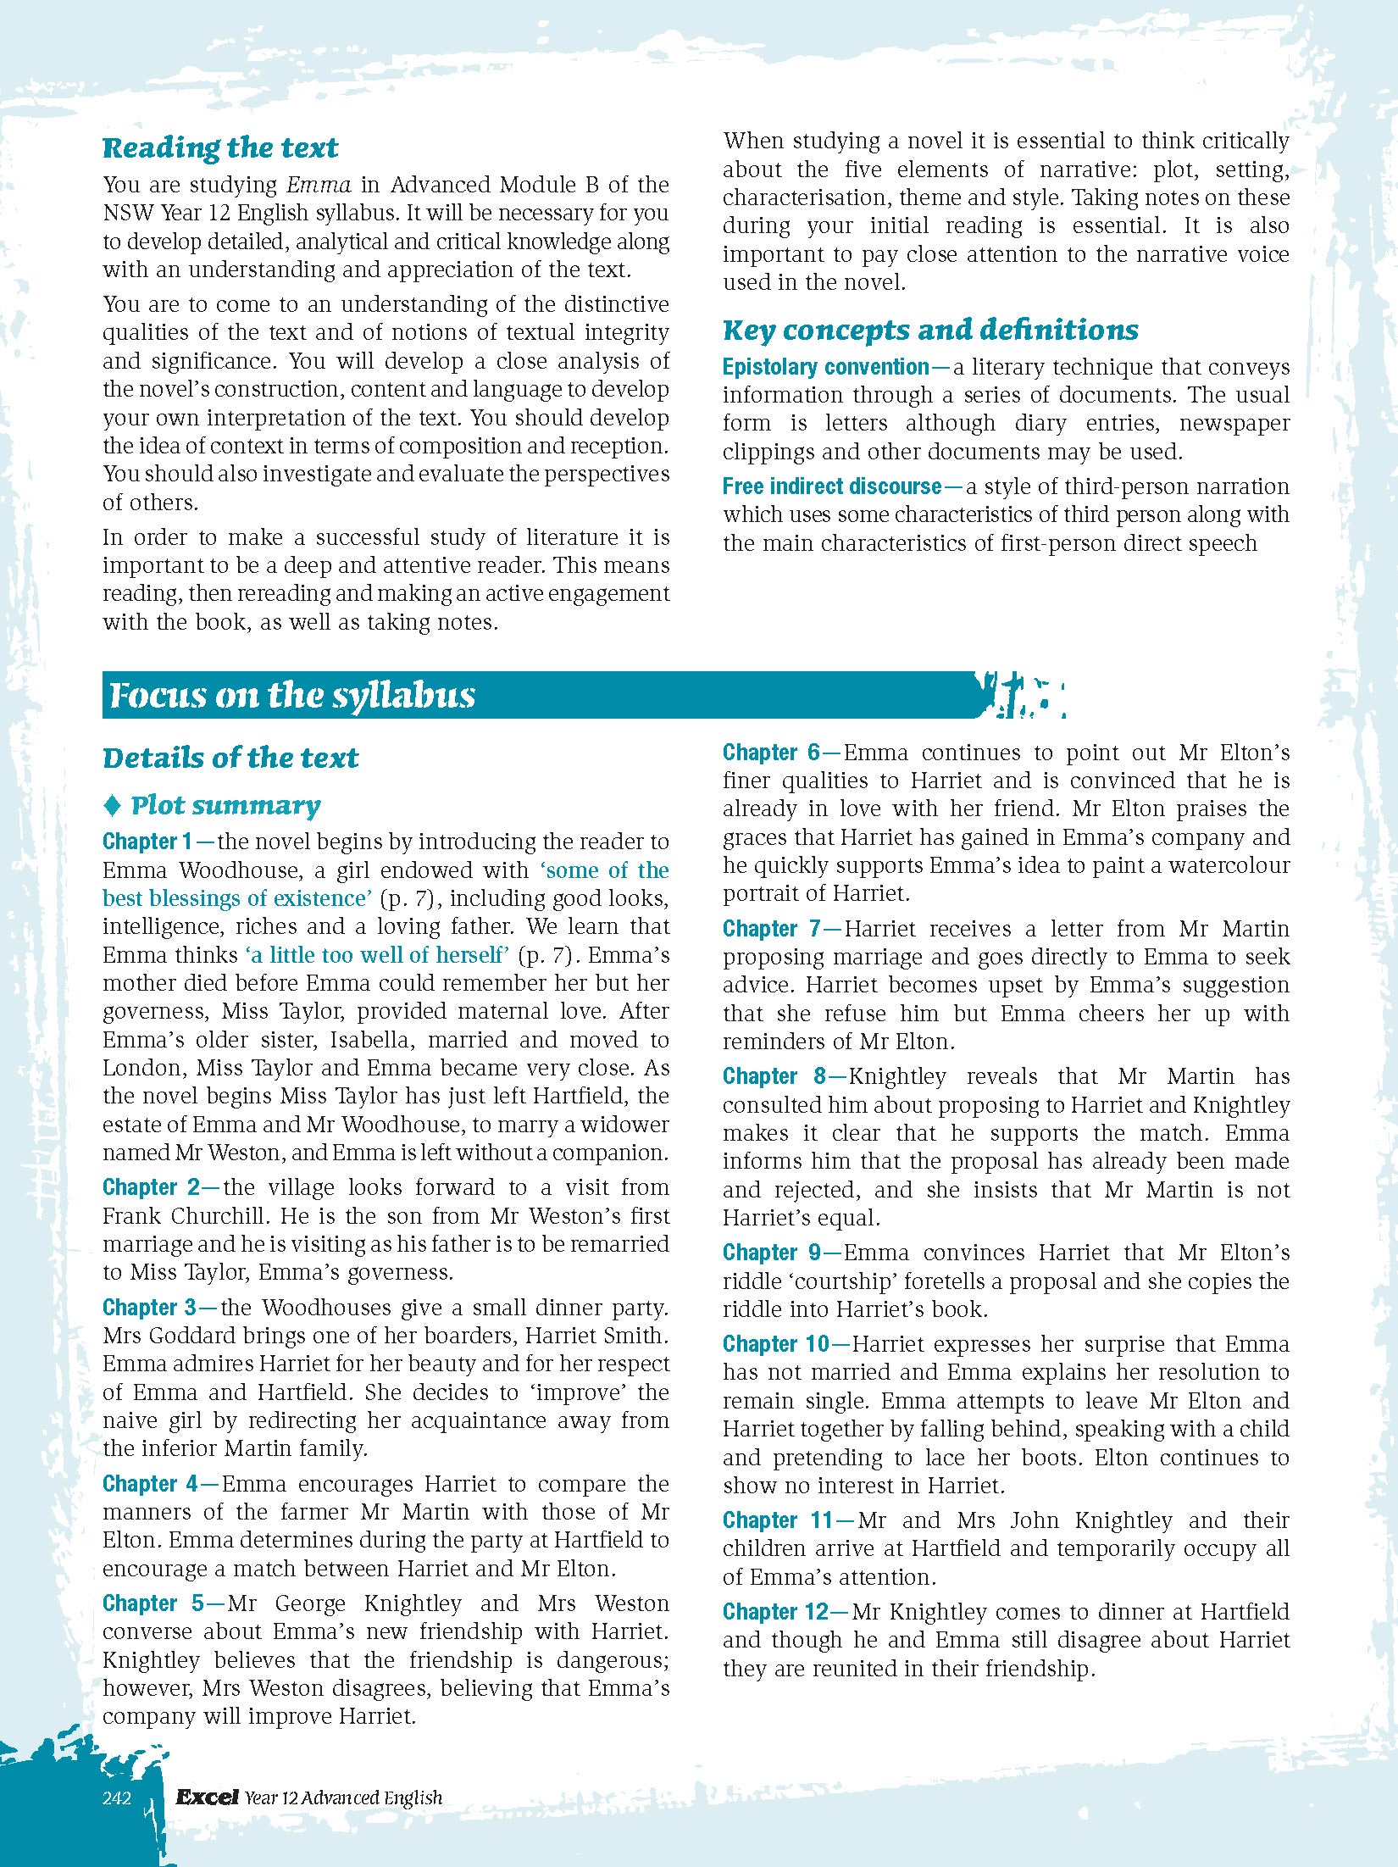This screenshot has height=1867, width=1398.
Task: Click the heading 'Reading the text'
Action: (220, 147)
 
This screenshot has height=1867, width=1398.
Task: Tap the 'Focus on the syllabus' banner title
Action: (292, 695)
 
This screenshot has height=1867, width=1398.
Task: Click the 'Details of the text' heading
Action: (230, 757)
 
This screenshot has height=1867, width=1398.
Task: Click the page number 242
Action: (117, 1798)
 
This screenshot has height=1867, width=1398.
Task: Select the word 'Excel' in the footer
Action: (207, 1797)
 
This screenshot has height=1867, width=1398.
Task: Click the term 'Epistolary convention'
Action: (826, 367)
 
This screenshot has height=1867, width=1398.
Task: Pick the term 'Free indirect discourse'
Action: (832, 486)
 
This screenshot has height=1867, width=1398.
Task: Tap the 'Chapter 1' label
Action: (147, 842)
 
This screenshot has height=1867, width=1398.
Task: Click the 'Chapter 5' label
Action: (153, 1603)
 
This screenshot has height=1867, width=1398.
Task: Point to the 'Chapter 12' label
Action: (775, 1612)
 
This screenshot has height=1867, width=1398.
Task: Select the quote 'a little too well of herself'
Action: (377, 955)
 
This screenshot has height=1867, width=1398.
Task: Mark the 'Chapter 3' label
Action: (150, 1308)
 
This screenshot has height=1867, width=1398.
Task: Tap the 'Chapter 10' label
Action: (776, 1344)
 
